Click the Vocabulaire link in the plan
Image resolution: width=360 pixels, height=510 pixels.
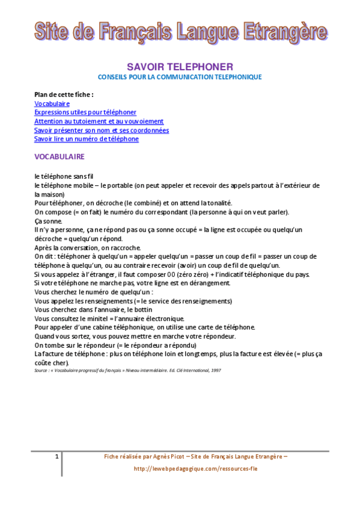pos(52,103)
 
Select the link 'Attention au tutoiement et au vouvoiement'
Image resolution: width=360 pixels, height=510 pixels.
pos(99,121)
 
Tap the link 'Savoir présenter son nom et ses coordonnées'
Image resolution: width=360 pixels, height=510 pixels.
pos(102,130)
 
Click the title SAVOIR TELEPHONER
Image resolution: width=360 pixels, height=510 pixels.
pos(180,67)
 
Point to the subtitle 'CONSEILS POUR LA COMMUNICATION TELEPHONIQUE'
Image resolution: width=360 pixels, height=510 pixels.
pos(180,77)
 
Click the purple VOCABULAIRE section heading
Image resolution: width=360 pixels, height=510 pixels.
pos(59,156)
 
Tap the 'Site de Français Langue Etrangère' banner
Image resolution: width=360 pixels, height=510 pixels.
pos(180,31)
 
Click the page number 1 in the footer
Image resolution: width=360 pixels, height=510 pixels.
pos(56,457)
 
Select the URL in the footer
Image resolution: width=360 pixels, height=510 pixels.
pos(195,469)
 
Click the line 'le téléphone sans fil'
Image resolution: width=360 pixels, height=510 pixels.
pos(64,176)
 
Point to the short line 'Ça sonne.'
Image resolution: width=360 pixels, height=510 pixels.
pos(48,221)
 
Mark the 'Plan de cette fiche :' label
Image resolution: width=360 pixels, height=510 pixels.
pos(64,94)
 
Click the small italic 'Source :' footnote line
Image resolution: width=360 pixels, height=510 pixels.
pos(127,370)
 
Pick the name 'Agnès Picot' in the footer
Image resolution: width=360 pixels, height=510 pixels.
pos(154,457)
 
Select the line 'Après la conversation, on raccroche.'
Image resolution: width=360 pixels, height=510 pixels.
pos(88,248)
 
